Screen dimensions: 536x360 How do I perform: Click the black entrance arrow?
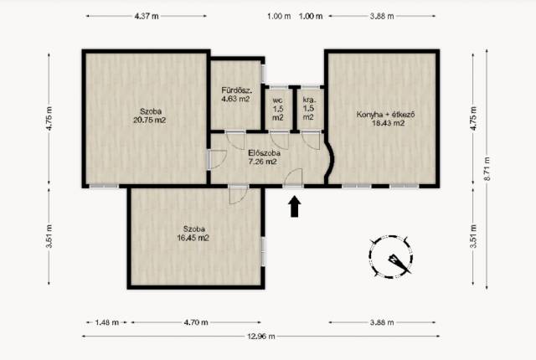pyautogui.click(x=295, y=206)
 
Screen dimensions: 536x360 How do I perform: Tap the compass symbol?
pyautogui.click(x=390, y=256)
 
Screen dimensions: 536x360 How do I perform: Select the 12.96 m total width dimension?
pyautogui.click(x=260, y=337)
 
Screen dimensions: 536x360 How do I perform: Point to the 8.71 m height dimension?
pyautogui.click(x=487, y=169)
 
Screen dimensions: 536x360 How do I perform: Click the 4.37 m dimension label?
pyautogui.click(x=147, y=16)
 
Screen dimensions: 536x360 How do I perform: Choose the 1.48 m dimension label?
pyautogui.click(x=106, y=322)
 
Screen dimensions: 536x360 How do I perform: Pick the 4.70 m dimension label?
pyautogui.click(x=196, y=322)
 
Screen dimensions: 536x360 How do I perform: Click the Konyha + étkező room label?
pyautogui.click(x=385, y=115)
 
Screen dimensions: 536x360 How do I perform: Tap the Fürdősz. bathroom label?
pyautogui.click(x=236, y=90)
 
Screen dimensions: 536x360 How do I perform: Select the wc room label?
pyautogui.click(x=277, y=100)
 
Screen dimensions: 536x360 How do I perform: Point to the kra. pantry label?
pyautogui.click(x=309, y=100)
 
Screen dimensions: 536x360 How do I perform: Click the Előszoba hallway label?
pyautogui.click(x=265, y=153)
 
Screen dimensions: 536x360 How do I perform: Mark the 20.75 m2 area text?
pyautogui.click(x=149, y=121)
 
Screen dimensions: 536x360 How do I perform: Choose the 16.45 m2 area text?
pyautogui.click(x=193, y=238)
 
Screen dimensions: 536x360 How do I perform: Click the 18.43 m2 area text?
pyautogui.click(x=388, y=123)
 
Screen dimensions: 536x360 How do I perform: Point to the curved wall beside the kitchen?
pyautogui.click(x=330, y=160)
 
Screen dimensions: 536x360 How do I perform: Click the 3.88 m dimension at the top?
pyautogui.click(x=382, y=16)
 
